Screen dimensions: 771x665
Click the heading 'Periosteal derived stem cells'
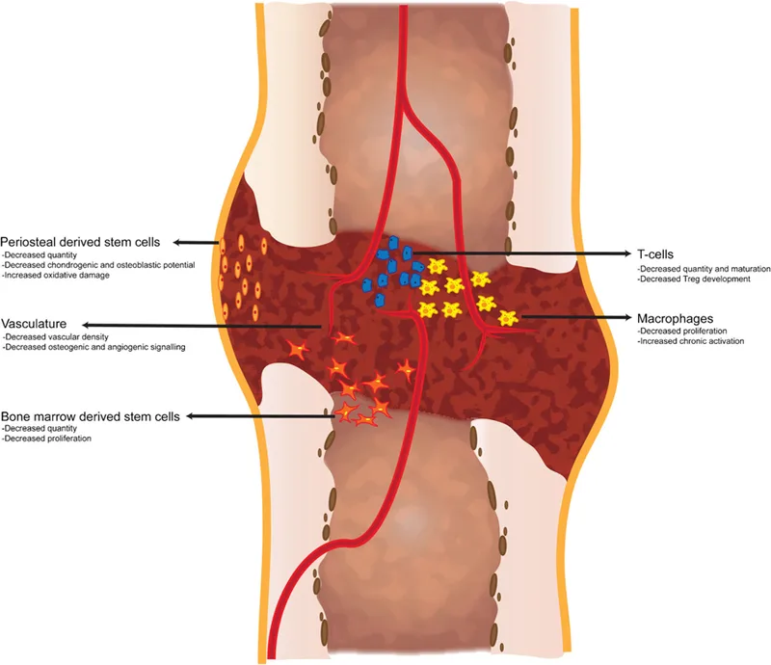tap(80, 242)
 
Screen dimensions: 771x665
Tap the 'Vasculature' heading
tap(34, 324)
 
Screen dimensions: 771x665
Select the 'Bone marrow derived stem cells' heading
tap(91, 416)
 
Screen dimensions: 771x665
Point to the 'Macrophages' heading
tap(676, 319)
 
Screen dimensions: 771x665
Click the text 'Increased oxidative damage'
tap(56, 276)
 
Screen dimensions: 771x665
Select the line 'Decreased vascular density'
tap(56, 337)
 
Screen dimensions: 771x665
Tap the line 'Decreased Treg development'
tap(694, 279)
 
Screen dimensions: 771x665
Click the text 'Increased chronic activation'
tap(691, 341)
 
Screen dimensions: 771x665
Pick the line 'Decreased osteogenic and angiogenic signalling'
tap(93, 347)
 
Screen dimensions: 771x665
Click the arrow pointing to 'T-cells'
tap(521, 253)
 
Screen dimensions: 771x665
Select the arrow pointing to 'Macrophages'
tap(575, 317)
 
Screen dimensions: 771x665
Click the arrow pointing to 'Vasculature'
tap(201, 325)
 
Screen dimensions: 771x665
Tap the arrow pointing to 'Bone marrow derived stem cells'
tap(260, 416)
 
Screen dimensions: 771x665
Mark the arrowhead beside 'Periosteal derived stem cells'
tap(177, 242)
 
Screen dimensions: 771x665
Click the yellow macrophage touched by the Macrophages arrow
tap(508, 318)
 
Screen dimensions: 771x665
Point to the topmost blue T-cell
tap(393, 243)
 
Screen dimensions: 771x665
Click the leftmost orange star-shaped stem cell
tap(298, 350)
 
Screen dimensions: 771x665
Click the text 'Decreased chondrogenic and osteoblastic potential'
tap(98, 265)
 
